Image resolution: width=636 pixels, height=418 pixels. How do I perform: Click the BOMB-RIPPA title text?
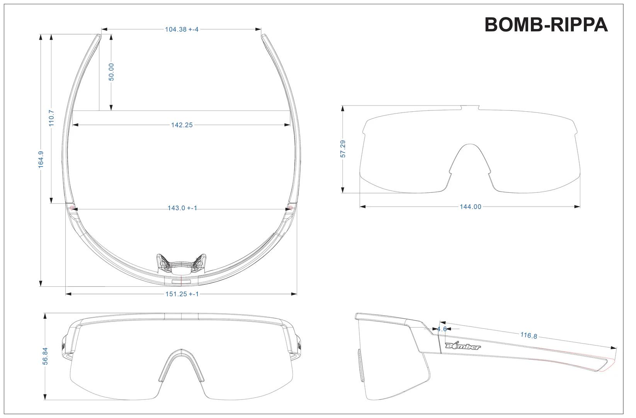[x=546, y=25]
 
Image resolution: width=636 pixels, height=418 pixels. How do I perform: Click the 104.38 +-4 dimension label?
[x=181, y=29]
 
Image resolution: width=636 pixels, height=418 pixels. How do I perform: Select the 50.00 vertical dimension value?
[x=111, y=72]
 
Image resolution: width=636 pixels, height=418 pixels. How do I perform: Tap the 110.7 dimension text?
[x=51, y=118]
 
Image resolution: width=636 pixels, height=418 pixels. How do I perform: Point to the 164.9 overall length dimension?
[x=41, y=159]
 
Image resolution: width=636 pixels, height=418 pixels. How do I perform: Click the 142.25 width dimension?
[x=182, y=125]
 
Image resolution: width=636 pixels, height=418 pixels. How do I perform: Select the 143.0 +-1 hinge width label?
[x=182, y=208]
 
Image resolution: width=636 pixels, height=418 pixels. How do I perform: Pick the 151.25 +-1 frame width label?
[x=182, y=294]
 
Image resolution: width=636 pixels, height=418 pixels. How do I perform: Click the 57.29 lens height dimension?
[x=343, y=149]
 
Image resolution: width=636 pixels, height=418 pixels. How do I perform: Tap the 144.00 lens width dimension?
[x=470, y=207]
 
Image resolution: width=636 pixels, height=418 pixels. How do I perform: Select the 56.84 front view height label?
[x=45, y=356]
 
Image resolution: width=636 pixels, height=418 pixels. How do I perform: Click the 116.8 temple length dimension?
[x=528, y=335]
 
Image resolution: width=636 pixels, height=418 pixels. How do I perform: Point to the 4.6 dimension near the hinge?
[x=442, y=329]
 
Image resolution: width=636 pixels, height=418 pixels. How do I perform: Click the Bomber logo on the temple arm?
[x=463, y=346]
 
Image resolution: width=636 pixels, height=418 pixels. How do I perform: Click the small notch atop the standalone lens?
[x=470, y=107]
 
